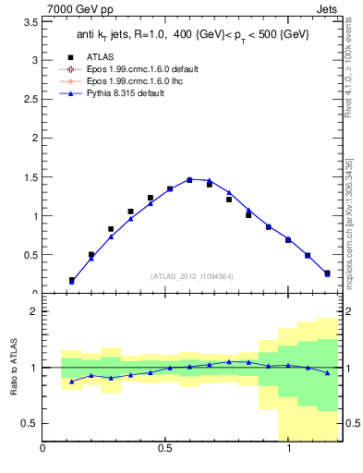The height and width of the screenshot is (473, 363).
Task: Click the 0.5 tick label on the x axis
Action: tap(166, 450)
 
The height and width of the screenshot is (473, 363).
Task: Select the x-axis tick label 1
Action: tap(290, 450)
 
